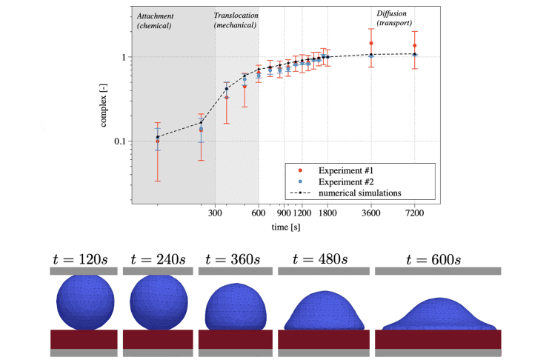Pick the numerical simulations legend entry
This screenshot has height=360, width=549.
359,193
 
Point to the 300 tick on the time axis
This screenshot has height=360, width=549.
216,213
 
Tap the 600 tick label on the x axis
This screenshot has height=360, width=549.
259,213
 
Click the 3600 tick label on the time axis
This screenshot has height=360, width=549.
371,213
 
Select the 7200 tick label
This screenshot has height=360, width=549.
415,213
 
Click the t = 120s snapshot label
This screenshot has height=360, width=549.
82,259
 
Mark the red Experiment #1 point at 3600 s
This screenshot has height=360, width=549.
371,43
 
